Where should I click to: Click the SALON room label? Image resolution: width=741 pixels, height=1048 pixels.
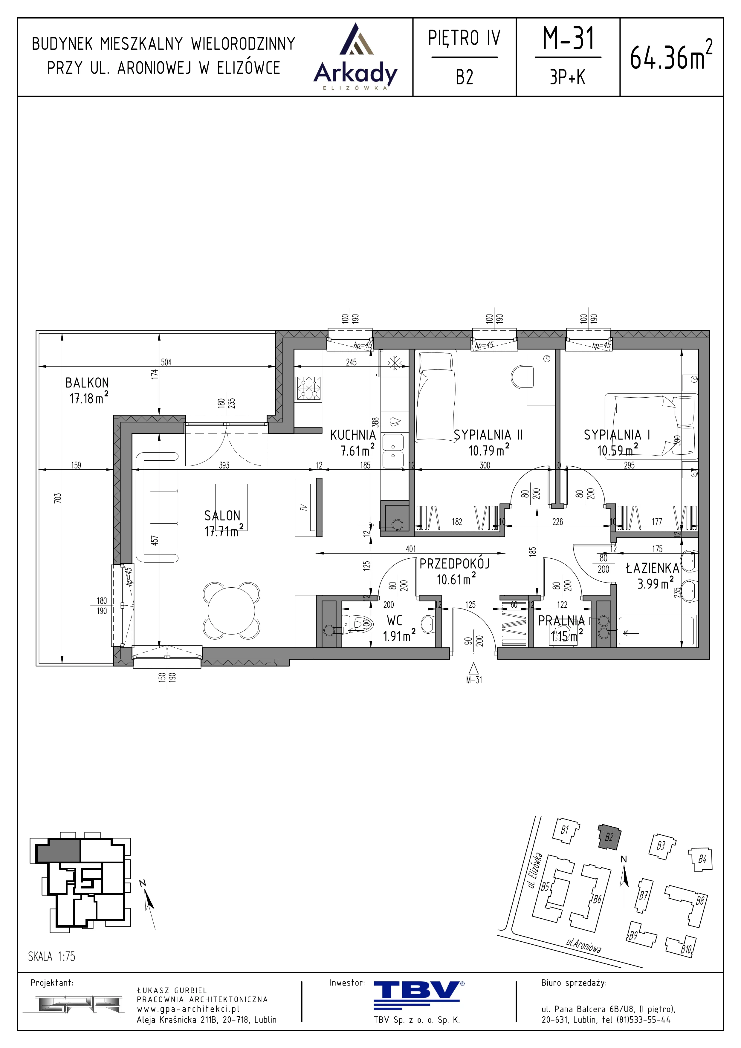222,516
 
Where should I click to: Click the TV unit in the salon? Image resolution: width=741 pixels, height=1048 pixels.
309,507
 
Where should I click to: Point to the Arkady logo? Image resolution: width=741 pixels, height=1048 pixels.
356,57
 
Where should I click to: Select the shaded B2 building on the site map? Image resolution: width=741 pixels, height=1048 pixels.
609,838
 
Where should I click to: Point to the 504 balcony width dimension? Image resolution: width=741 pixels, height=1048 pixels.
166,362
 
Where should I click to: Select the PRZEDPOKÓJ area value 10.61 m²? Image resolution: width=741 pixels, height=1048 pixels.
456,580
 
